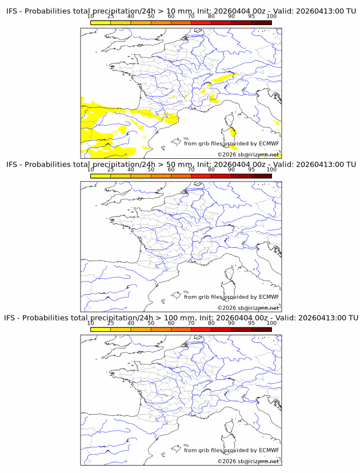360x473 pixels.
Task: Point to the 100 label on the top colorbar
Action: point(271,17)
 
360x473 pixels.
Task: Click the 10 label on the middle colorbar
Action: point(90,170)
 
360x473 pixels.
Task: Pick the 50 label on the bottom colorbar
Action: point(151,323)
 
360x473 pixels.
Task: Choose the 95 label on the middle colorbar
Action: point(251,170)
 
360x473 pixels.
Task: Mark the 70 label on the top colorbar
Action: point(191,17)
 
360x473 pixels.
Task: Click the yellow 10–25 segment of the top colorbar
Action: point(101,22)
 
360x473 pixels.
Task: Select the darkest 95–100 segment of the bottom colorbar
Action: point(262,329)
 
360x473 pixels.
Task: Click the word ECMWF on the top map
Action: point(269,143)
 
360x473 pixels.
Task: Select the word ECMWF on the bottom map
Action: point(269,450)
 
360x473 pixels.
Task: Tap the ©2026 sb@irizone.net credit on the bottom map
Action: point(248,461)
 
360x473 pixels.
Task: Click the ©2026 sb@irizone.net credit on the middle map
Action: point(248,308)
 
